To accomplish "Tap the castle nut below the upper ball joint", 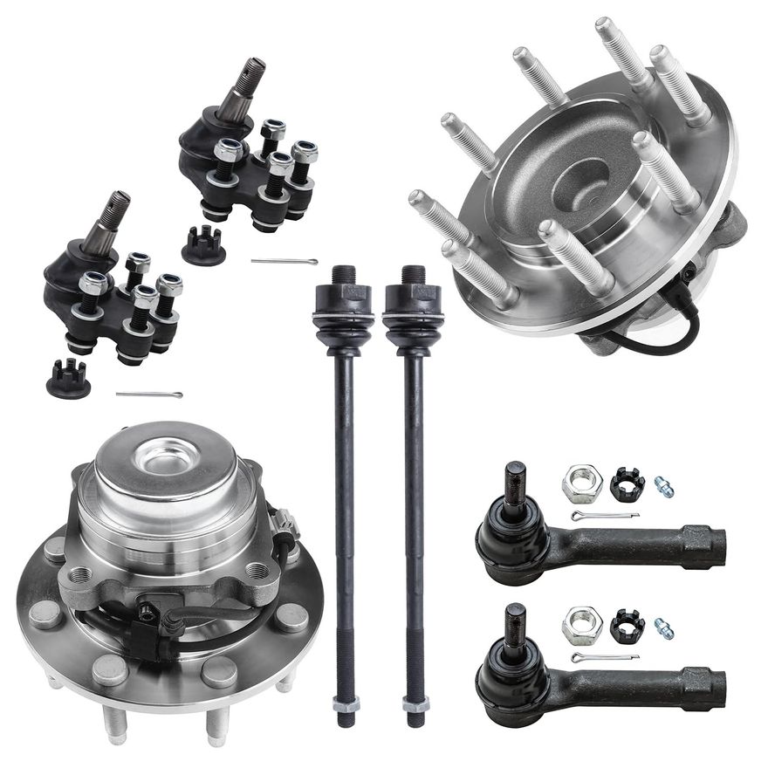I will pos(203,248).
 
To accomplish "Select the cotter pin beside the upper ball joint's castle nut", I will pos(284,261).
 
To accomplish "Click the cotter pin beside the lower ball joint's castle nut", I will pos(148,394).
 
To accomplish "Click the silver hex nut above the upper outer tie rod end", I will pos(581,483).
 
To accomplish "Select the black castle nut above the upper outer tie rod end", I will pos(627,483).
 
